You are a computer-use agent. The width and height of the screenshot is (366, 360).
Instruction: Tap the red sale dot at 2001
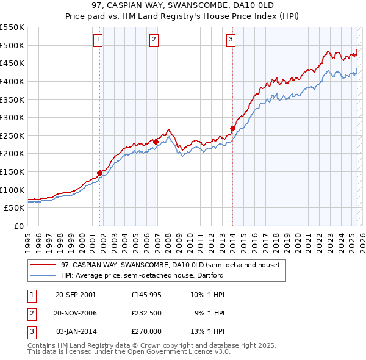coord(100,173)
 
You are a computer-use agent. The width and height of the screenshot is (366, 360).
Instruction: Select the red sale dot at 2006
coord(156,142)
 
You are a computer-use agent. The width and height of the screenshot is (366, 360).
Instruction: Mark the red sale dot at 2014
coord(232,128)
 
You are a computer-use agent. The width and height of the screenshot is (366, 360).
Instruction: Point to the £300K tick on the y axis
coord(12,117)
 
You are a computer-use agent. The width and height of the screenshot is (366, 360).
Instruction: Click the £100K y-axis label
coord(12,190)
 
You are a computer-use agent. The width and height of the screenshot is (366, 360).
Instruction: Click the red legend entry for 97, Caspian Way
coord(170,265)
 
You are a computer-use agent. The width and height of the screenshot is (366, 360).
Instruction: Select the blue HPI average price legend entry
coord(142,275)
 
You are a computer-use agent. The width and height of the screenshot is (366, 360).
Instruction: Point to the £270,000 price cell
coord(146,331)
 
